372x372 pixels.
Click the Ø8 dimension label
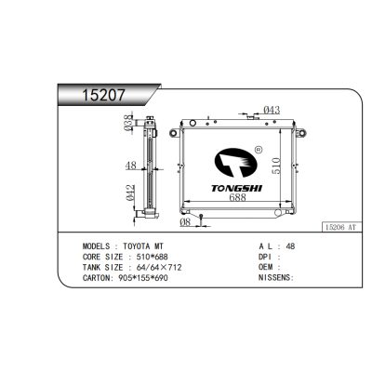[186, 221]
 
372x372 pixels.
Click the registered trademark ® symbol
[258, 149]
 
